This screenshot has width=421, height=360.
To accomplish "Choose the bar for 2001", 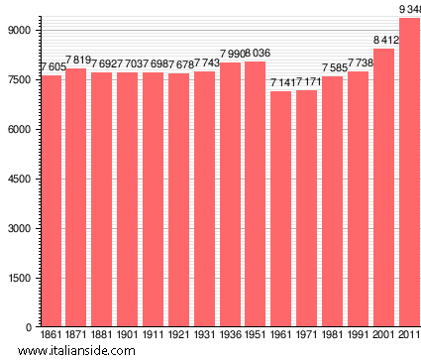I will [x=383, y=187].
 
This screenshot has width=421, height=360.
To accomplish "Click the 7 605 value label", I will [x=52, y=66].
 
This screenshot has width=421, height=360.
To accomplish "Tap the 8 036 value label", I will [x=256, y=53].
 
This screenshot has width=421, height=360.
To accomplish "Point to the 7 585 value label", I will [x=333, y=68].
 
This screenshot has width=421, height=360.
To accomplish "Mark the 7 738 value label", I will [x=359, y=62].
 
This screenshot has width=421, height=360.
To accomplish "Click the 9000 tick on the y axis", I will [x=21, y=31].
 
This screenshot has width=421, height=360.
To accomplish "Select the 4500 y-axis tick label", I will [x=21, y=180].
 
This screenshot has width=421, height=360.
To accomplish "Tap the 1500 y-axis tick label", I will [x=21, y=279].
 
